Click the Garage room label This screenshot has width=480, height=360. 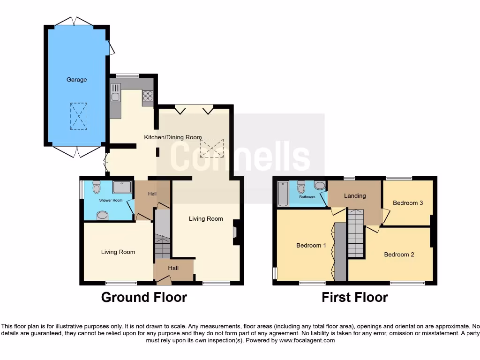76,80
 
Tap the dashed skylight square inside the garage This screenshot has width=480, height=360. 79,116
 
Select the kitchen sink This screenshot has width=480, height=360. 115,93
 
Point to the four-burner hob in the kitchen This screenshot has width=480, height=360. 148,96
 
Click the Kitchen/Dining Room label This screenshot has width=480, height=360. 172,137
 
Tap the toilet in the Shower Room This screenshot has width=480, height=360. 97,187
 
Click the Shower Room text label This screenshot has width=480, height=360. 111,200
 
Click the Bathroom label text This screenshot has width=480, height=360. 307,197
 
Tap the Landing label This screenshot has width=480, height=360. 354,196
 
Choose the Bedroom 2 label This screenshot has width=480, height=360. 399,255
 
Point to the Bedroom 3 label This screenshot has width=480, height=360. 408,203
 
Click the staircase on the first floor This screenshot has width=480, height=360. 356,233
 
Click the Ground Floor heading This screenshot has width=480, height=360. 144,297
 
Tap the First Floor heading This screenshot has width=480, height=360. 354,297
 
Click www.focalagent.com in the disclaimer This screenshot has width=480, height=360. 307,340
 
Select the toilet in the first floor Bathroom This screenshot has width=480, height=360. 301,187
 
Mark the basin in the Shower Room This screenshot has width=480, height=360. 102,216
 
